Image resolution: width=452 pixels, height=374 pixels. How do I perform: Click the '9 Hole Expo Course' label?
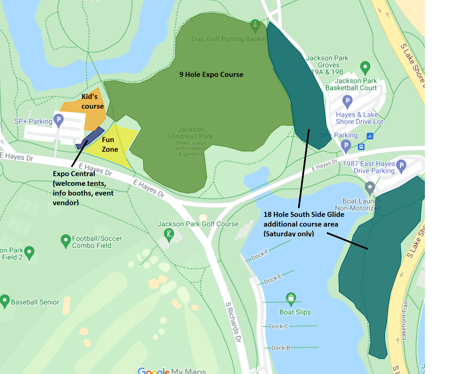pyautogui.click(x=211, y=75)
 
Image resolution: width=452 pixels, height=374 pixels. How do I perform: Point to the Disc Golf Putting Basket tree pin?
pyautogui.click(x=255, y=26)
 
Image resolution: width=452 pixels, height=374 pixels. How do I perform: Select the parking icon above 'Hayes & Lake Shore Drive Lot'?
pyautogui.click(x=347, y=101)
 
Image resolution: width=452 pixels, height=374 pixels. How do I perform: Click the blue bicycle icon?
pyautogui.click(x=370, y=136)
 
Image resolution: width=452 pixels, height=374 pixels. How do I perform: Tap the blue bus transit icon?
pyautogui.click(x=361, y=147)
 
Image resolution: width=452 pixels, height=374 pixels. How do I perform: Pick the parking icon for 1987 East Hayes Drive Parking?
pyautogui.click(x=401, y=166)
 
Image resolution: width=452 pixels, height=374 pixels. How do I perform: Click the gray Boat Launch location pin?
pyautogui.click(x=369, y=188)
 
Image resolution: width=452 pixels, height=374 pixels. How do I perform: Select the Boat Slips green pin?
pyautogui.click(x=291, y=298)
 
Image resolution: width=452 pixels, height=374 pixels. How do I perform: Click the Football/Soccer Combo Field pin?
pyautogui.click(x=65, y=241)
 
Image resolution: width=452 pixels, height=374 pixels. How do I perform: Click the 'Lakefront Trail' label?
pyautogui.click(x=404, y=321)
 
